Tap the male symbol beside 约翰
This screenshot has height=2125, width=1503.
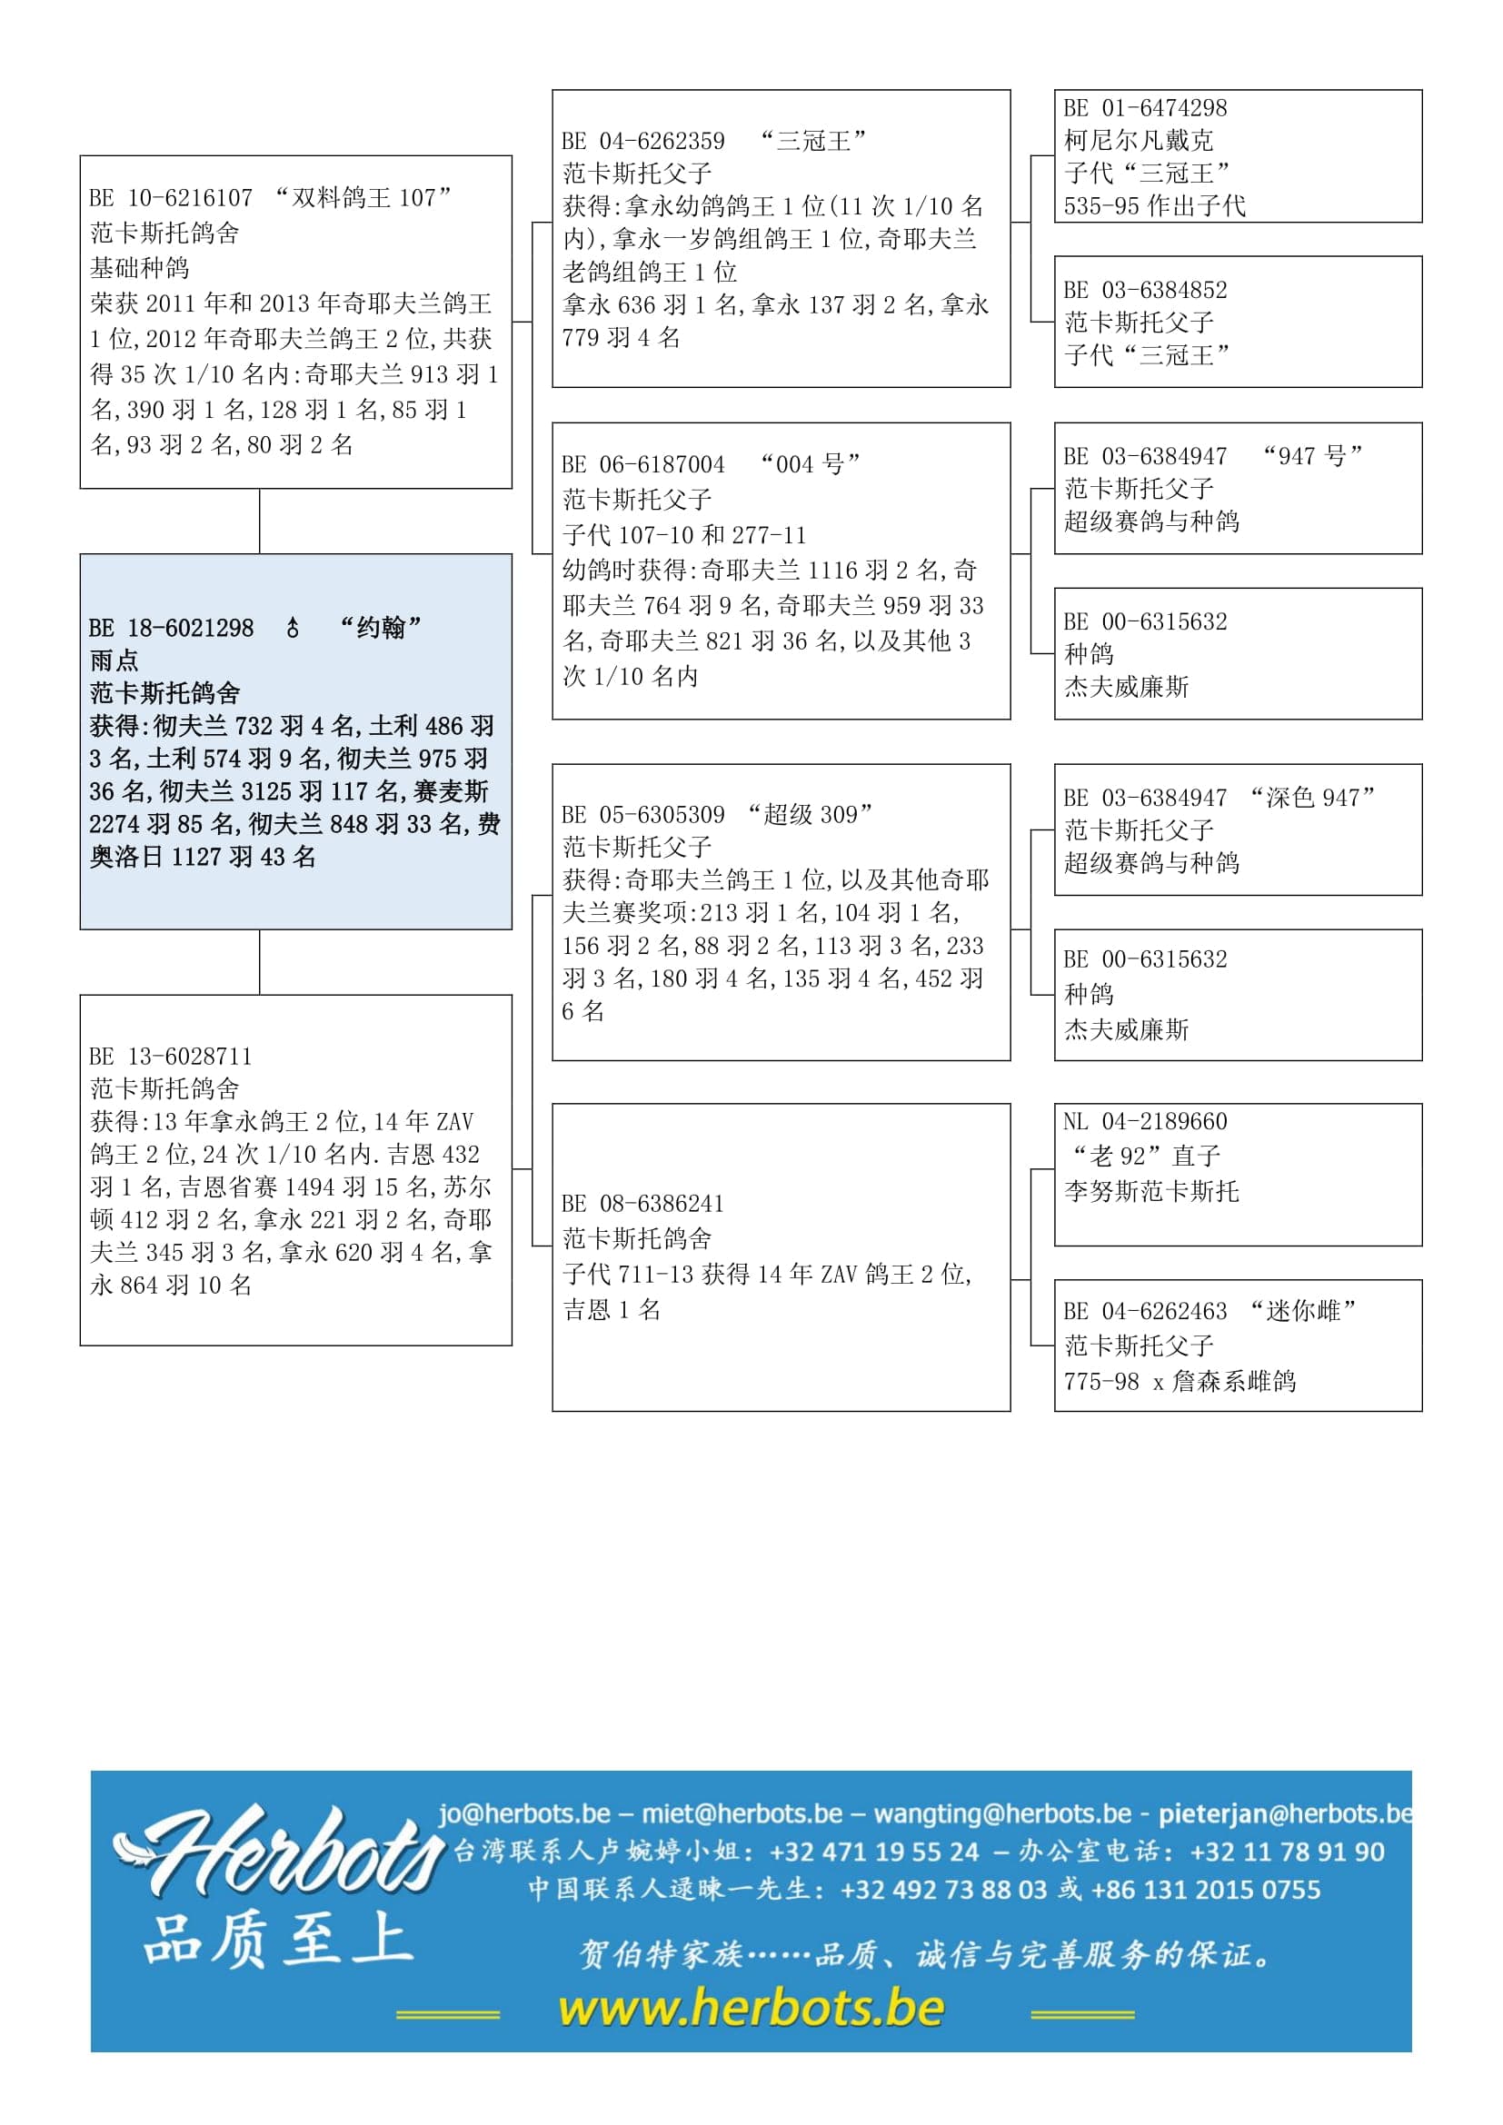(x=293, y=628)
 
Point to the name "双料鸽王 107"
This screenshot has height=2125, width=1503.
(x=363, y=197)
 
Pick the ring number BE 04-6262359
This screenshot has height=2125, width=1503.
(x=643, y=141)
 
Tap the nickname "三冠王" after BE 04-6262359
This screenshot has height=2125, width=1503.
(x=812, y=141)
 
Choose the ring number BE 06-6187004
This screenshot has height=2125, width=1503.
(x=643, y=463)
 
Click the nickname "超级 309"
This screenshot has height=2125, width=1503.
(x=811, y=814)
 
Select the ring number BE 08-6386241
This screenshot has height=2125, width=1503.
(x=643, y=1203)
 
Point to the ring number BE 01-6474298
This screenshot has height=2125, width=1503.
(x=1145, y=107)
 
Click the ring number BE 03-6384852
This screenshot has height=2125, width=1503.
(x=1145, y=290)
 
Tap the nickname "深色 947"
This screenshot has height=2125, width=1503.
(x=1311, y=798)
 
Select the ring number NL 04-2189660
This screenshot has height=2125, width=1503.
(x=1145, y=1121)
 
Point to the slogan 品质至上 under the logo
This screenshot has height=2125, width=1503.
(x=278, y=1939)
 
